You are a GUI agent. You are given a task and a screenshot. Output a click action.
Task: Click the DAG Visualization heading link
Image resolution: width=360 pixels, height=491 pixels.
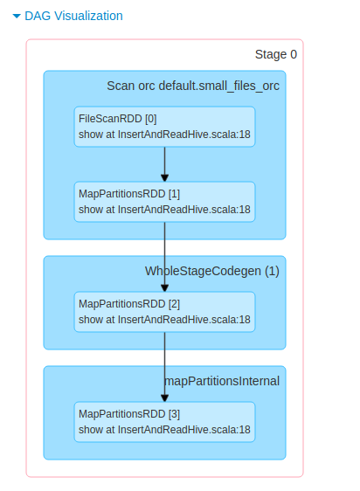pos(73,16)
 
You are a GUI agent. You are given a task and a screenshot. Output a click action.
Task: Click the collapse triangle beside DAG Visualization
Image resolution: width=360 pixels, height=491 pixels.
pos(17,16)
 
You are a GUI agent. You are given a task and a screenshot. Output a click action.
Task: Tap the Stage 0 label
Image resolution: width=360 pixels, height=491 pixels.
pos(275,54)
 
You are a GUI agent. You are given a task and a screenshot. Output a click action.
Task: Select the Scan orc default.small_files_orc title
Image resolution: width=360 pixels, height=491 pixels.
pos(192,86)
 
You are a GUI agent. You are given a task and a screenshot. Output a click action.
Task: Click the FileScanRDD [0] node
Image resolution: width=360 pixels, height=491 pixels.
pos(164,127)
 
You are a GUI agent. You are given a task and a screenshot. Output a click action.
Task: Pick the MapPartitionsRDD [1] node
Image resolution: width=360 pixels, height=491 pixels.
pos(164,202)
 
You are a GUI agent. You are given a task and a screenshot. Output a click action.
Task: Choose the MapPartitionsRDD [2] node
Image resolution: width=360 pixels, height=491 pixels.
pos(164,312)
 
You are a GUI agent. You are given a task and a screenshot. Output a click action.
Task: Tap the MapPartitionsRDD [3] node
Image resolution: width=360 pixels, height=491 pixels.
pos(164,422)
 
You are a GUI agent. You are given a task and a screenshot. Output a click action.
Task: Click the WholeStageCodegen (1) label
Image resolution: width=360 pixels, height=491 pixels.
pos(211,271)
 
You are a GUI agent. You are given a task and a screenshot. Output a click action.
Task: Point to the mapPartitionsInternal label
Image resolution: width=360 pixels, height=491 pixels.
pos(222,381)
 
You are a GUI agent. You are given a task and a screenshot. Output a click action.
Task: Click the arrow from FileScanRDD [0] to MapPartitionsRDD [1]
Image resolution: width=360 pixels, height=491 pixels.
pos(164,162)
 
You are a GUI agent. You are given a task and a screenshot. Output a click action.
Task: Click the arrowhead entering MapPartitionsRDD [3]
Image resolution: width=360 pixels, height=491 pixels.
pos(164,397)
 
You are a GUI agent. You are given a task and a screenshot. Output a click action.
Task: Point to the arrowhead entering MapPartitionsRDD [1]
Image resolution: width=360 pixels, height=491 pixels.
pos(164,176)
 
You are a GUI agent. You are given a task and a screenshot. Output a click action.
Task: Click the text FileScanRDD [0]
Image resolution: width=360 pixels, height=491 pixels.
pos(117,119)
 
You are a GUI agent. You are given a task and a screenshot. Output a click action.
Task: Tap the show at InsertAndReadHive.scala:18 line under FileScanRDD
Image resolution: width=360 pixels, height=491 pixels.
pos(164,135)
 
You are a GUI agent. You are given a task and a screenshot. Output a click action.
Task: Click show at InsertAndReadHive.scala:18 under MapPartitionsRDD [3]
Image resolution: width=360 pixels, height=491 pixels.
pos(164,430)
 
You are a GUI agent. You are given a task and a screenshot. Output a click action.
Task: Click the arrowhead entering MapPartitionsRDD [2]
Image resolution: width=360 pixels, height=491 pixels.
pos(164,287)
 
